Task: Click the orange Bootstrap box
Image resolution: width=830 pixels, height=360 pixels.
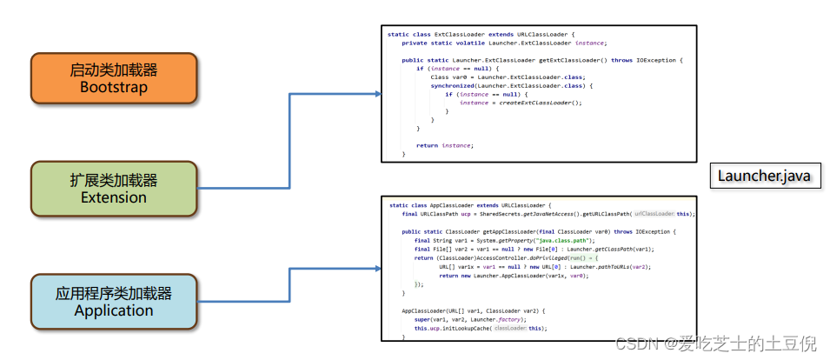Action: point(115,77)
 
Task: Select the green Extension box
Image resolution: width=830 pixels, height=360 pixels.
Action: point(115,188)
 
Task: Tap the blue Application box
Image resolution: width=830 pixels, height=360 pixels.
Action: point(115,301)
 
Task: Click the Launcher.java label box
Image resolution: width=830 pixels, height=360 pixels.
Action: point(764,176)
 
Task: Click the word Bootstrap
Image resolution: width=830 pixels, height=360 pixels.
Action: point(115,87)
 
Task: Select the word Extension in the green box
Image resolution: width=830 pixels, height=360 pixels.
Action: point(115,197)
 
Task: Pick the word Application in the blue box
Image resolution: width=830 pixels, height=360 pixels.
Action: point(115,310)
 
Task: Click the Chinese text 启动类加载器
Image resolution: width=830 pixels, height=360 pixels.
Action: point(115,69)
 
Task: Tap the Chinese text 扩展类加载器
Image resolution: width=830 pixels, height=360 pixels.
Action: point(115,180)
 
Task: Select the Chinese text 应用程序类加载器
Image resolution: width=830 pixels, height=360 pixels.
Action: point(115,292)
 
